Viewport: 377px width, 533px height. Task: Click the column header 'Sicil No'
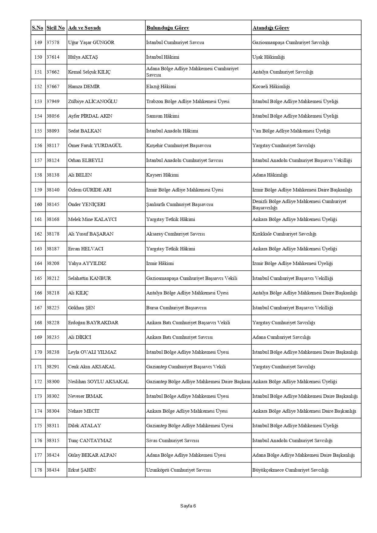[x=56, y=28]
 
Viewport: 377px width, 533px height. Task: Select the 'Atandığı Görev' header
[x=271, y=28]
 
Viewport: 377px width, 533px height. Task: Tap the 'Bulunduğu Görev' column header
[x=168, y=28]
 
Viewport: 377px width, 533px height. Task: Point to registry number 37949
[x=53, y=101]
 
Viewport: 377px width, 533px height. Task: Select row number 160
[x=38, y=205]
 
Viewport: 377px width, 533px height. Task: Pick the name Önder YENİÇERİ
[x=87, y=205]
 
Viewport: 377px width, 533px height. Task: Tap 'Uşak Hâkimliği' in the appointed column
[x=268, y=57]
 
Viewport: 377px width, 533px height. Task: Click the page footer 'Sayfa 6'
[x=188, y=506]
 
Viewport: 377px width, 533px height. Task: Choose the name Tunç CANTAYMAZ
[x=90, y=441]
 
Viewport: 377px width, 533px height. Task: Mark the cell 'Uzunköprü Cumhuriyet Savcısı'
[x=178, y=470]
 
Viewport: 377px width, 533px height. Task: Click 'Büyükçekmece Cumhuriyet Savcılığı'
[x=290, y=470]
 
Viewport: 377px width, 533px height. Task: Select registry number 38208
[x=53, y=263]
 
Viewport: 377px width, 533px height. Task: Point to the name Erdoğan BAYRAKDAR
[x=93, y=323]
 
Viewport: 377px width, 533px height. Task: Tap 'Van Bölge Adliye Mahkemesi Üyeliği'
[x=291, y=131]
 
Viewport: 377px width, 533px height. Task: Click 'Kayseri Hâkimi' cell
[x=162, y=175]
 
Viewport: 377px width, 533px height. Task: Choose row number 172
[x=38, y=382]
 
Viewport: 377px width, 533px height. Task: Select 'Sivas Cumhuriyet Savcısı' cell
[x=173, y=441]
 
